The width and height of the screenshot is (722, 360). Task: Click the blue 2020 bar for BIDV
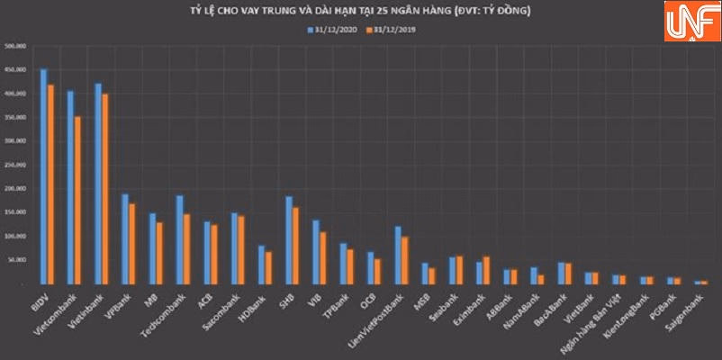click(43, 176)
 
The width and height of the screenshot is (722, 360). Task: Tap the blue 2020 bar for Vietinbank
click(97, 184)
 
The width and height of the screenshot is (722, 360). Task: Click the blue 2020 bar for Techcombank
click(179, 239)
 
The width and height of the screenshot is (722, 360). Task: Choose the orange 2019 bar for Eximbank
click(487, 270)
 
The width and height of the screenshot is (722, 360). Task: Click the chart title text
click(363, 11)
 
